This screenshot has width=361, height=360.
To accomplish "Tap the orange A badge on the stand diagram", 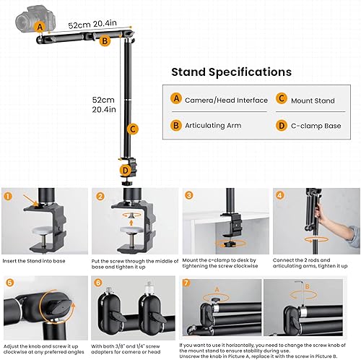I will (x=40, y=27).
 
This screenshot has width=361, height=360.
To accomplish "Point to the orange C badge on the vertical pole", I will (x=131, y=129).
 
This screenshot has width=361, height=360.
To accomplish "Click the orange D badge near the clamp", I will (x=126, y=171).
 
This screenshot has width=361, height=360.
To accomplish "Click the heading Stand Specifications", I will (x=231, y=72).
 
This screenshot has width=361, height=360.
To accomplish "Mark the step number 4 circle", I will (x=279, y=195).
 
